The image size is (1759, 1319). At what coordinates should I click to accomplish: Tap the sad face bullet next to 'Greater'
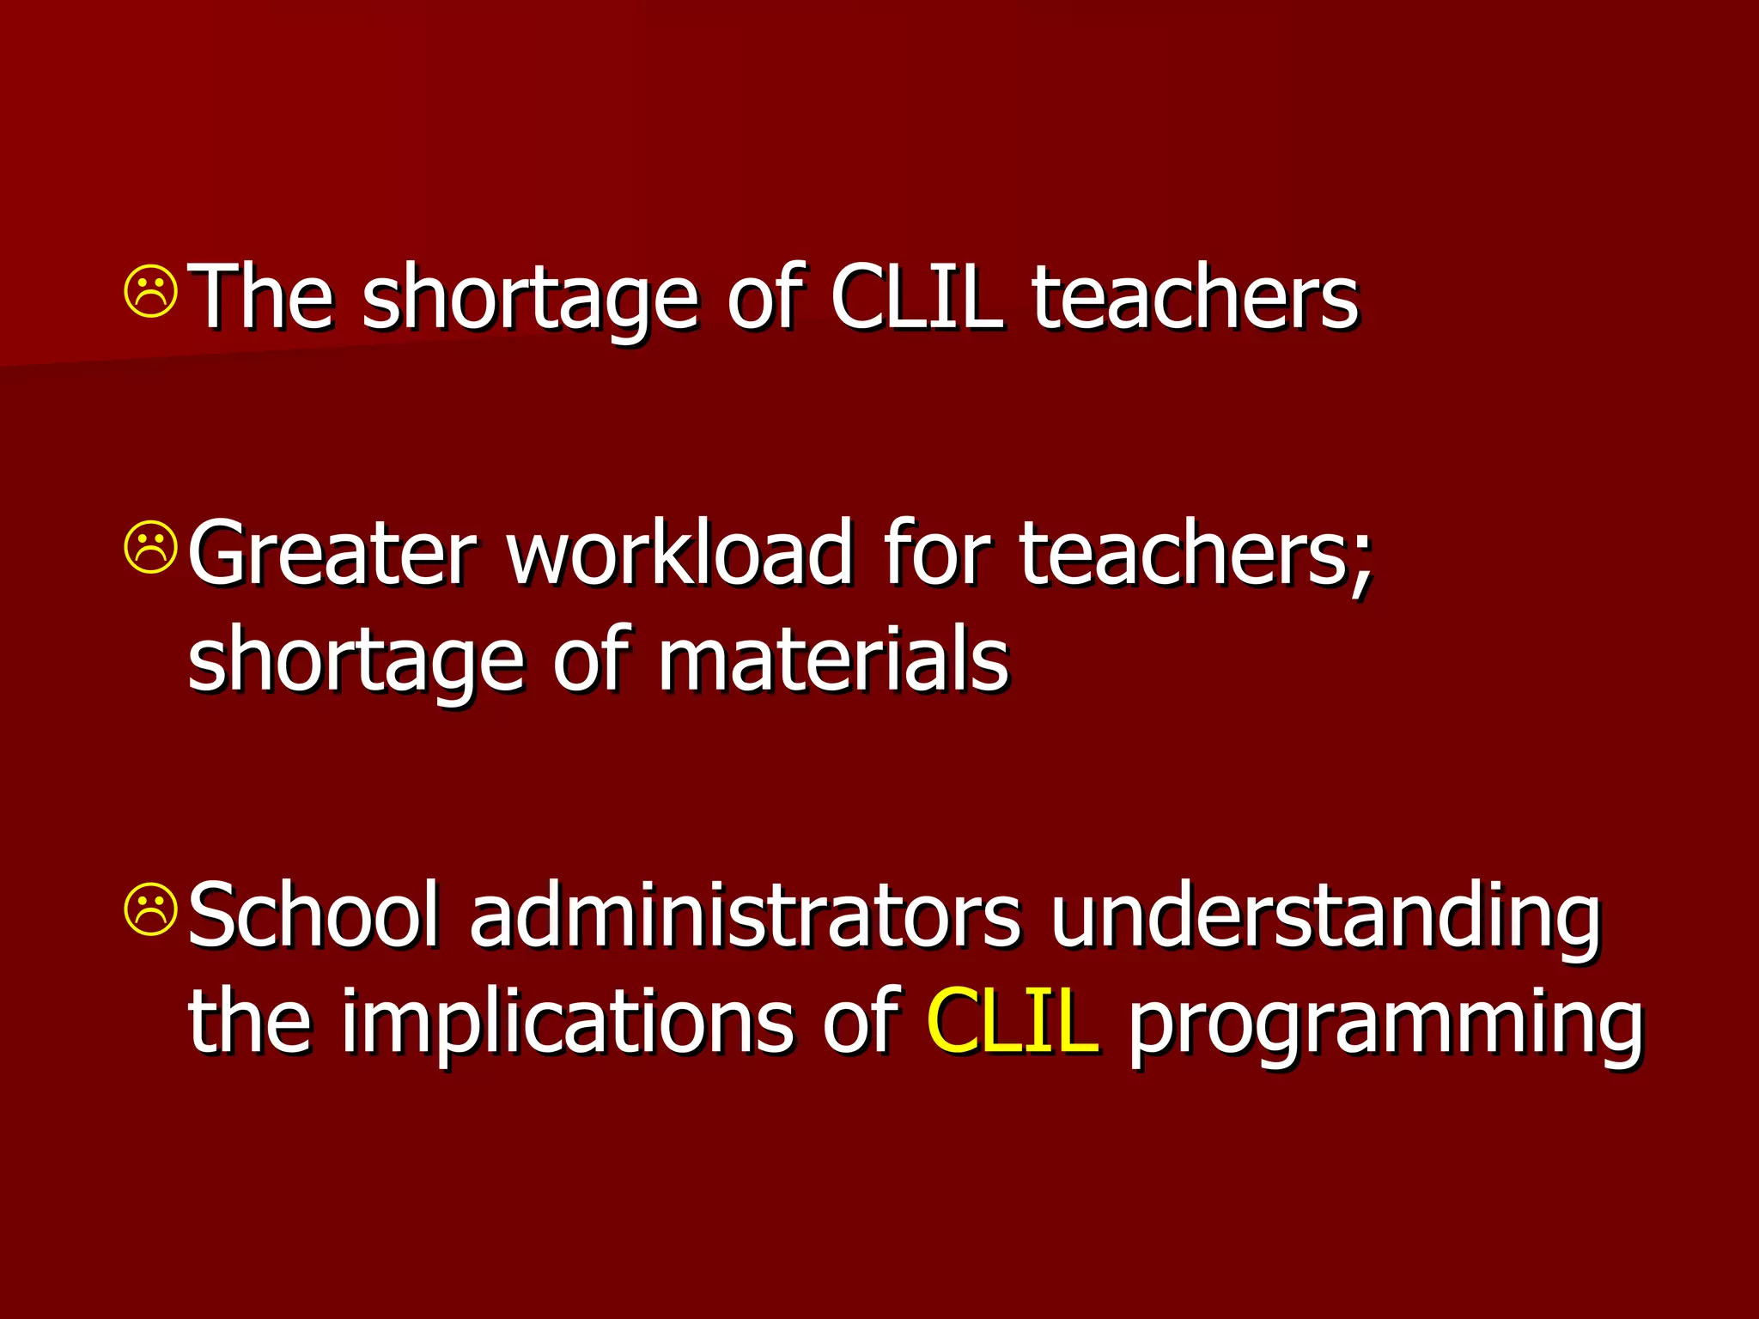pyautogui.click(x=151, y=547)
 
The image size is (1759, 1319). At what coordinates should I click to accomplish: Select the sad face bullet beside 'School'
pyautogui.click(x=151, y=909)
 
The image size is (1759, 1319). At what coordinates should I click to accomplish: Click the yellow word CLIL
pyautogui.click(x=1012, y=1020)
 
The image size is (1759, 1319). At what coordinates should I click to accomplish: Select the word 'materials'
pyautogui.click(x=832, y=659)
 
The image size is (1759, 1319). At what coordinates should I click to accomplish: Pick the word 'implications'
pyautogui.click(x=567, y=1022)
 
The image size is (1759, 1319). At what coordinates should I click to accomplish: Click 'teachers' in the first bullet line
pyautogui.click(x=1195, y=296)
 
